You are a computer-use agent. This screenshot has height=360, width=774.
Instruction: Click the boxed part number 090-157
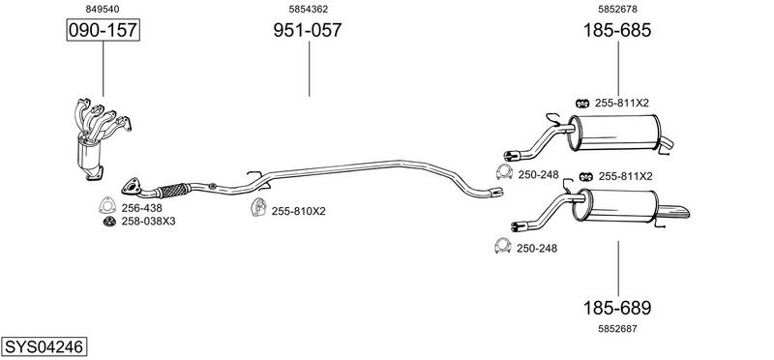[x=104, y=30]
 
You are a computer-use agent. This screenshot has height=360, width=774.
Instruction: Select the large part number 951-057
[x=308, y=30]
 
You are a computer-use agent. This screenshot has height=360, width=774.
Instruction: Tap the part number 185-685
[x=617, y=30]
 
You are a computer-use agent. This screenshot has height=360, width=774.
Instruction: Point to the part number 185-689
[x=617, y=308]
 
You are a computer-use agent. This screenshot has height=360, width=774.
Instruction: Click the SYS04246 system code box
[x=44, y=346]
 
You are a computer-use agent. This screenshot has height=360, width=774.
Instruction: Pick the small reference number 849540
[x=103, y=9]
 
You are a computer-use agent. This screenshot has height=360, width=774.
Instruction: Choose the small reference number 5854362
[x=309, y=9]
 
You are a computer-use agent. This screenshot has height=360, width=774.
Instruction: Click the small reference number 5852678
[x=617, y=9]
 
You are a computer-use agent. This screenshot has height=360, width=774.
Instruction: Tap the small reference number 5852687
[x=617, y=329]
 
